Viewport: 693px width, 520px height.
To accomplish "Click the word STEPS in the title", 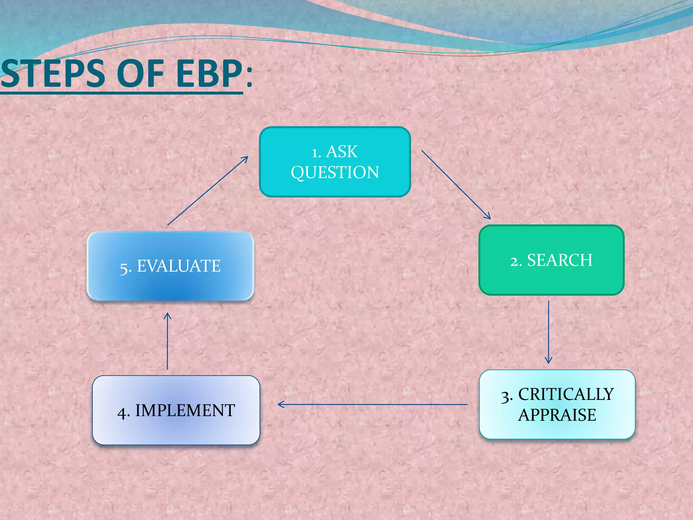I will point(52,74).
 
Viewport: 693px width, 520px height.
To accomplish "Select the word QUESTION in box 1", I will point(335,172).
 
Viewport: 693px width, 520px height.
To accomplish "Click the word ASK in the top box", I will point(342,152).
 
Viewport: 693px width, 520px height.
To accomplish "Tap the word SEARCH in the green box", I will point(560,260).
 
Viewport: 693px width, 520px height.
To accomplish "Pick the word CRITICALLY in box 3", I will point(566,394).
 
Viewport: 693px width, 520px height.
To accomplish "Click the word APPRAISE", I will point(557,415).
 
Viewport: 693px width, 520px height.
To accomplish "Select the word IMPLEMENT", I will point(185,411).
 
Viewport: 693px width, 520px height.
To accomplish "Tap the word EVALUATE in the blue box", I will point(179,266).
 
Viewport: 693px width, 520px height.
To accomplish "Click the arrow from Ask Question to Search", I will point(456,185).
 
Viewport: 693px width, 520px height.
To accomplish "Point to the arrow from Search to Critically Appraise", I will point(549,332).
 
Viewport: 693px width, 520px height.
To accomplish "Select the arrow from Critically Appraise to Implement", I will point(372,404).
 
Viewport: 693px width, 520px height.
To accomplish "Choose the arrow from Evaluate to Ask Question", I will point(208,191).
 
